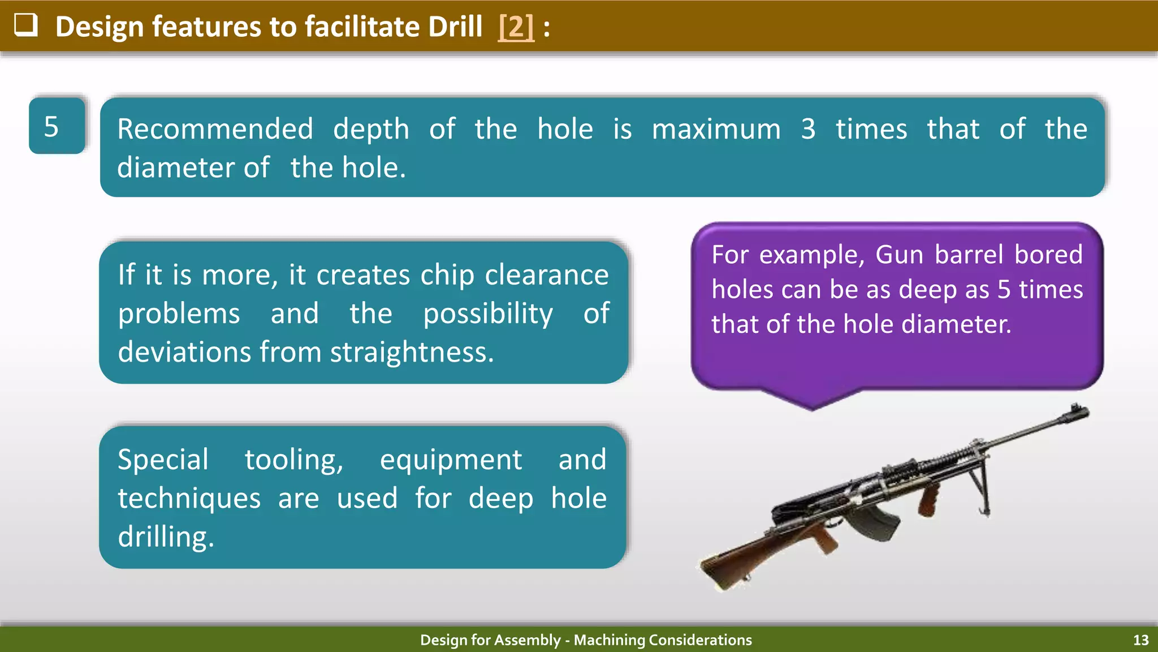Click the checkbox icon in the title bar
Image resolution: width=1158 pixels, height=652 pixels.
coord(26,25)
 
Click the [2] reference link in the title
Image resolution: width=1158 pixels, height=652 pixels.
coord(516,27)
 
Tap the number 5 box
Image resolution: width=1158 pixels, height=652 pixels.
coord(57,126)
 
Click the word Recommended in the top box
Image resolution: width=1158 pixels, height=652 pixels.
coord(215,129)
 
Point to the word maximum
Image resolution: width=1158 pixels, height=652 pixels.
coord(716,129)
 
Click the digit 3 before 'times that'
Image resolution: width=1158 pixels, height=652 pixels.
coord(808,129)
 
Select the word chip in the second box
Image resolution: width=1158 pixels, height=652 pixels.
coord(447,275)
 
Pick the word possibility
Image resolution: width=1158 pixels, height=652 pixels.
coord(487,314)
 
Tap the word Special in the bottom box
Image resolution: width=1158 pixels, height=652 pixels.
coord(163,459)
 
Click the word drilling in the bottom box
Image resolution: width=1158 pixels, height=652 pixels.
coord(166,537)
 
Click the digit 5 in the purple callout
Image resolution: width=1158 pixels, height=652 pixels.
coord(1004,290)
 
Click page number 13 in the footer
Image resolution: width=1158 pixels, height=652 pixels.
coord(1140,640)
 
